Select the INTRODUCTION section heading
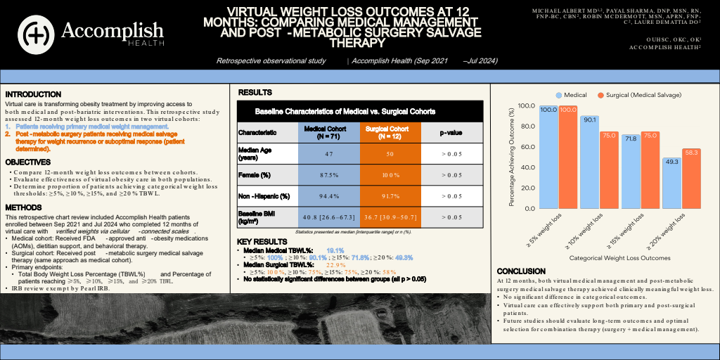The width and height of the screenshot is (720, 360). pos(33,94)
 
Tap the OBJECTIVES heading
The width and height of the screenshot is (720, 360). pos(28,162)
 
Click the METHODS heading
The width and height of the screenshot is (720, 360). pos(25,207)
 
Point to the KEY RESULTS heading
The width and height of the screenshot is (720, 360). pos(262,241)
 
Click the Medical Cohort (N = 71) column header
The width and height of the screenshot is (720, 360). pos(324,132)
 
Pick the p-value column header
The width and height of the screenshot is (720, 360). pos(450,132)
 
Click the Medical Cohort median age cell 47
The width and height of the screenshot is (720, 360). pos(324,153)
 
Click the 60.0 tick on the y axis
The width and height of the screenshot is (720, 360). pos(526,147)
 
